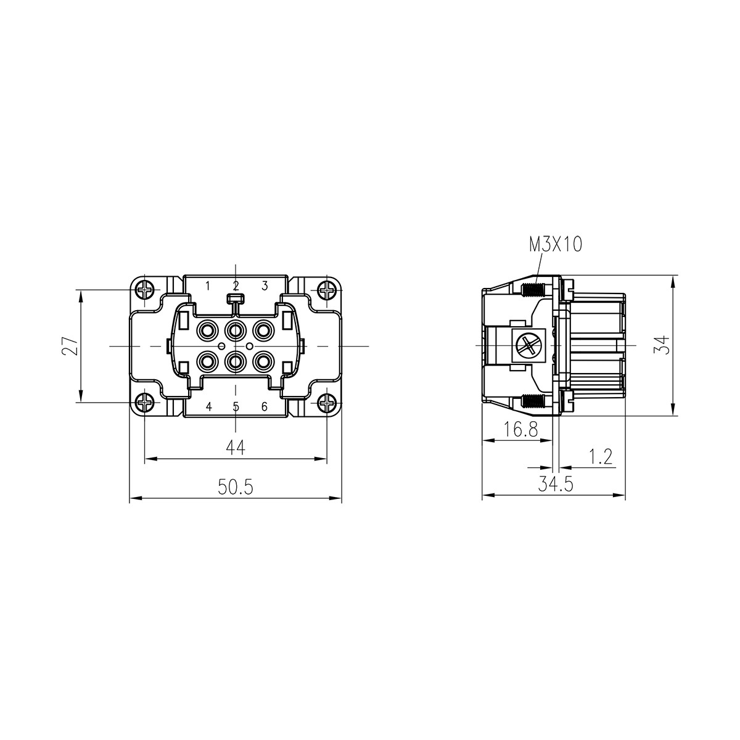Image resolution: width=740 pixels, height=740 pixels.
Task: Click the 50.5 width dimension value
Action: point(235,488)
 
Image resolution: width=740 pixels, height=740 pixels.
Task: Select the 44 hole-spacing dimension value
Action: point(235,448)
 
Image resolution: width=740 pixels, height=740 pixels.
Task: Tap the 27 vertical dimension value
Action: point(72,345)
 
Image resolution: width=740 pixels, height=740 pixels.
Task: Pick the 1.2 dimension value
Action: point(599,456)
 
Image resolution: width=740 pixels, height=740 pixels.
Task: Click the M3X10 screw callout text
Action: point(555,245)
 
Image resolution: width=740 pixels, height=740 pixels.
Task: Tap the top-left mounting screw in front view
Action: point(145,289)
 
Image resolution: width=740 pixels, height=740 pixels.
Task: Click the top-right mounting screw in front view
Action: point(326,289)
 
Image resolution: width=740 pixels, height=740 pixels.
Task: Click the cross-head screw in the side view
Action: point(528,345)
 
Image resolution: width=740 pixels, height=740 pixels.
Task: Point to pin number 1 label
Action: point(208,286)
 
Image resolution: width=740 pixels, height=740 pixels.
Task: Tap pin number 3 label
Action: point(265,286)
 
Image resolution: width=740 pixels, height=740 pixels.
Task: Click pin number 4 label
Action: point(208,406)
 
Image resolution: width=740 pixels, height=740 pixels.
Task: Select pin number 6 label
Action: point(265,406)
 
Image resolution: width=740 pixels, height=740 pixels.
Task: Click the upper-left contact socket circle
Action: point(206,331)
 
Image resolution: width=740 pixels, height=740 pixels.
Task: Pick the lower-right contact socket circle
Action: point(263,360)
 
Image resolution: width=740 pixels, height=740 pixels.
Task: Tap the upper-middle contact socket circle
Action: point(235,331)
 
